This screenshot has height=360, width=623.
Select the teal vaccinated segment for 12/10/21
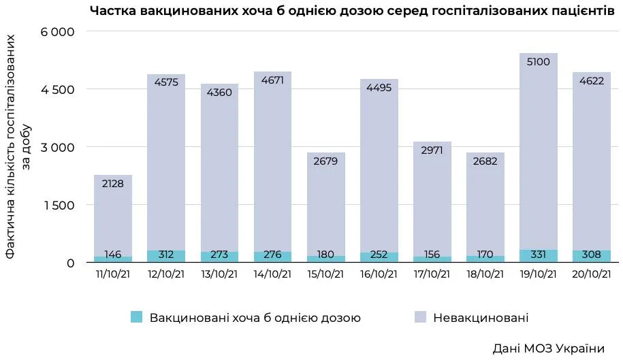166,256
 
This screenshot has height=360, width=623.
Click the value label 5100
538,62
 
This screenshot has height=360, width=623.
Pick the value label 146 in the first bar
113,255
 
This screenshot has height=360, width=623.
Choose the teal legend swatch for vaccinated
137,317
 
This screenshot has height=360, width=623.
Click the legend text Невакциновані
481,318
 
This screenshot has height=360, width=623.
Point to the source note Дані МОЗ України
548,348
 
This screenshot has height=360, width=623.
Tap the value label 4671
272,80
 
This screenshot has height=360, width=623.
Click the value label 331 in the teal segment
538,255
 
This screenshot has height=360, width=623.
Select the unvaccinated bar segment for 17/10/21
432,197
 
